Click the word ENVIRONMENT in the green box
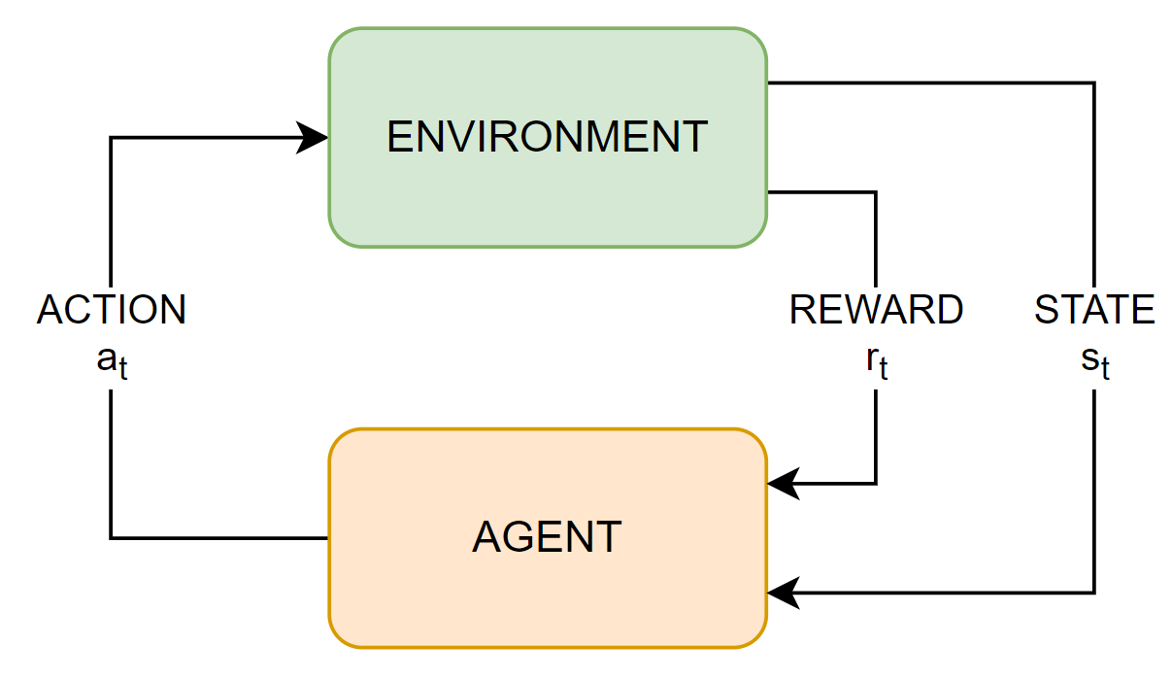pyautogui.click(x=547, y=137)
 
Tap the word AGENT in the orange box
pyautogui.click(x=547, y=537)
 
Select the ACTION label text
pyautogui.click(x=111, y=310)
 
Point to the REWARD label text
pyautogui.click(x=876, y=310)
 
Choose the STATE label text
pyautogui.click(x=1094, y=310)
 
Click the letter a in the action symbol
pyautogui.click(x=106, y=358)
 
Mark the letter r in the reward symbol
pyautogui.click(x=872, y=358)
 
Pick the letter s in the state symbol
pyautogui.click(x=1089, y=358)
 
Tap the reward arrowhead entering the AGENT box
pyautogui.click(x=782, y=483)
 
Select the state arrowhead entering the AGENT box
pyautogui.click(x=782, y=592)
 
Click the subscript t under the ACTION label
pyautogui.click(x=122, y=369)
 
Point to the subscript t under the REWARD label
pyautogui.click(x=884, y=369)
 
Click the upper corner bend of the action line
pyautogui.click(x=111, y=138)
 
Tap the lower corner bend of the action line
pyautogui.click(x=111, y=537)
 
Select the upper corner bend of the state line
pyautogui.click(x=1094, y=84)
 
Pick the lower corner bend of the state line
pyautogui.click(x=1094, y=592)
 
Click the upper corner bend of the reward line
pyautogui.click(x=876, y=192)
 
